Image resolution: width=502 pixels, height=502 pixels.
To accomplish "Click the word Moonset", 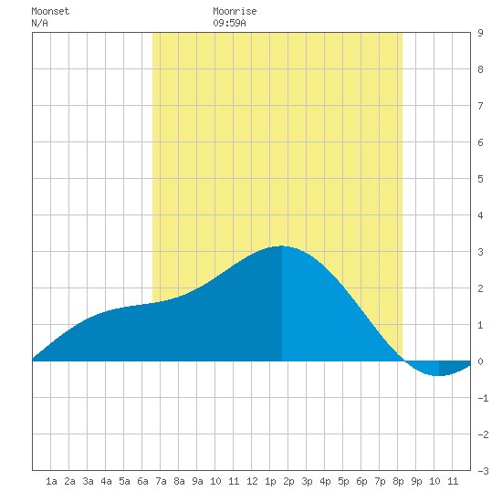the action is click(x=50, y=11).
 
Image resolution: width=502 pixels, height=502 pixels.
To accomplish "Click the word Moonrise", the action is click(x=235, y=11).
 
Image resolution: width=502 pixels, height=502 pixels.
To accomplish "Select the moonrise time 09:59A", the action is click(x=229, y=23).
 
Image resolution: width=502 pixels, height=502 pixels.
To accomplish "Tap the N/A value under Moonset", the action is click(x=39, y=23).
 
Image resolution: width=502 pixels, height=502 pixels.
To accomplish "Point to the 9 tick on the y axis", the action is click(x=480, y=33).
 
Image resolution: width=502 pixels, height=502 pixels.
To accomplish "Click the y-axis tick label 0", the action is click(x=480, y=361).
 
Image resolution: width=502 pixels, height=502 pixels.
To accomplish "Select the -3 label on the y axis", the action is click(x=483, y=471).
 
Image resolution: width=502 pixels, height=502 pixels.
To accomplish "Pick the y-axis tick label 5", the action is click(x=480, y=179).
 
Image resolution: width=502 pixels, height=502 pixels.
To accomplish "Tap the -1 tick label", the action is click(x=483, y=398).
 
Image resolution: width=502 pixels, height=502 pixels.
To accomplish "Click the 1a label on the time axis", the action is click(x=51, y=481).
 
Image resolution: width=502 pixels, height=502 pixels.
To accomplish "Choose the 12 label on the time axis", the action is click(x=252, y=481).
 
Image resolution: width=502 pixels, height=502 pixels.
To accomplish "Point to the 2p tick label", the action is click(x=288, y=481).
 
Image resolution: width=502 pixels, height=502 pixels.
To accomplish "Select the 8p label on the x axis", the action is click(x=398, y=481).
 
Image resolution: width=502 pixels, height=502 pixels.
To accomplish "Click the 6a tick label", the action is click(x=142, y=481).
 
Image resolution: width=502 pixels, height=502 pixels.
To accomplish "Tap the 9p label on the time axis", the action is click(x=416, y=481).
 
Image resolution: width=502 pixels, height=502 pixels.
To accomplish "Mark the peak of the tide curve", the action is click(x=281, y=246).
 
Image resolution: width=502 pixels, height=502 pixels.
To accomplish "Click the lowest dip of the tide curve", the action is click(x=439, y=375).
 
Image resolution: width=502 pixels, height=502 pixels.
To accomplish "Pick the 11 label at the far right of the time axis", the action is click(x=453, y=481).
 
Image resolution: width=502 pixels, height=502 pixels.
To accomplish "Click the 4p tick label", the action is click(x=325, y=481).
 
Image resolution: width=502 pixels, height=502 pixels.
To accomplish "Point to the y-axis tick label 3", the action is click(x=480, y=252).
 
